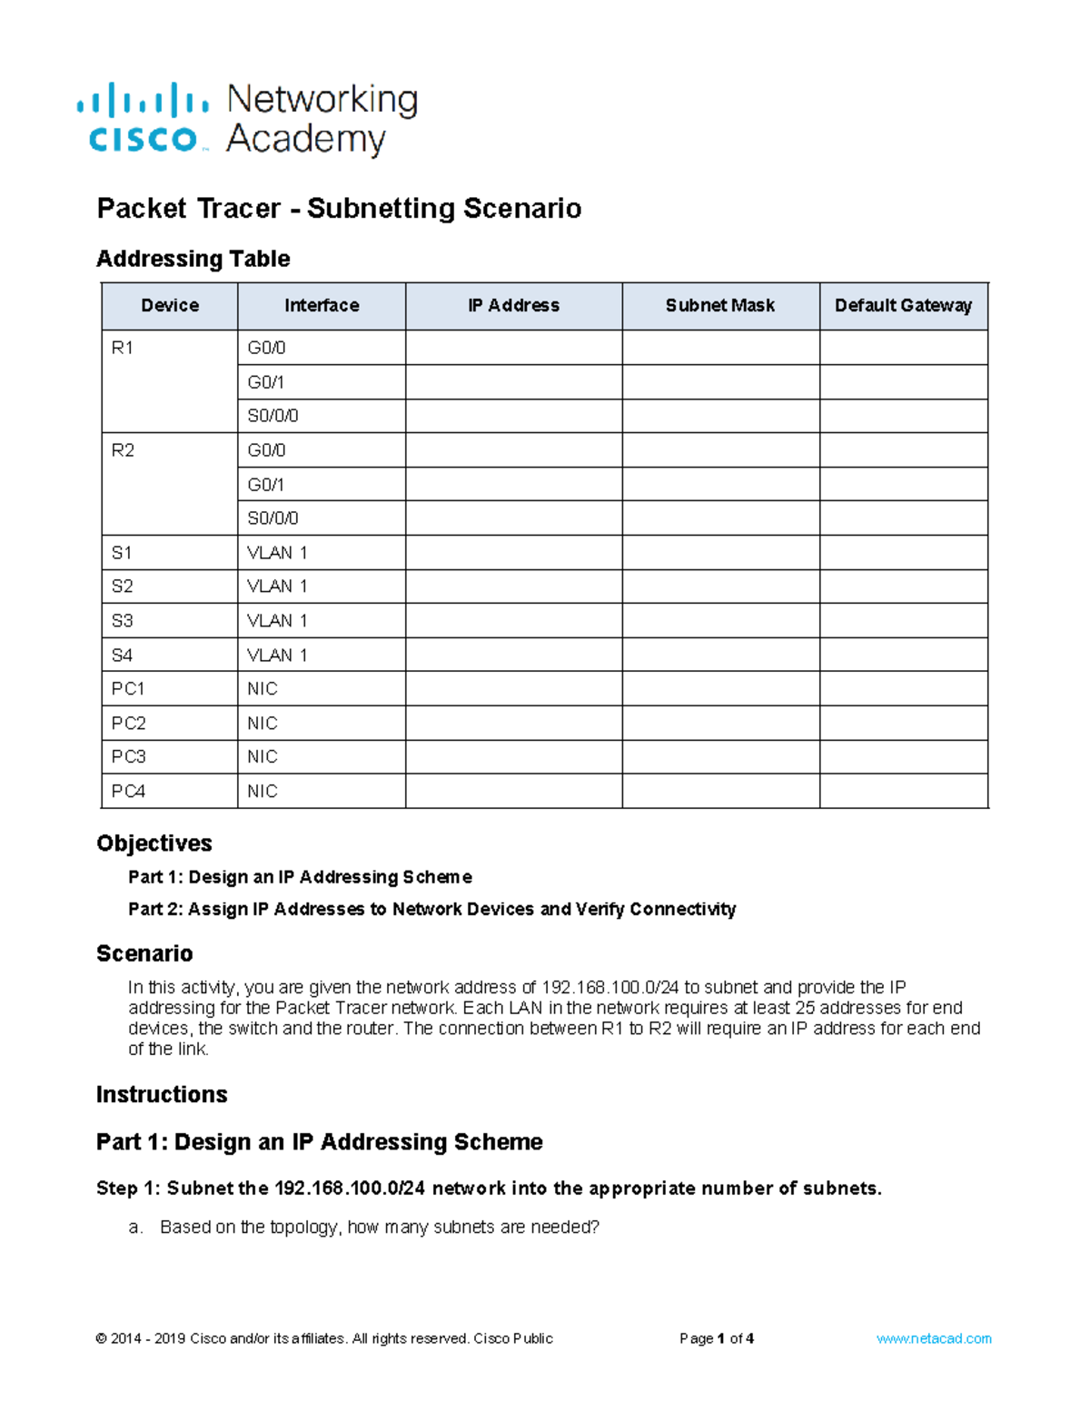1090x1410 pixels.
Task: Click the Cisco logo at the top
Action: pyautogui.click(x=144, y=118)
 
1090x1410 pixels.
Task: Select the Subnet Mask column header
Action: pyautogui.click(x=719, y=306)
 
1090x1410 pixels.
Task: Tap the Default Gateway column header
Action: pyautogui.click(x=903, y=306)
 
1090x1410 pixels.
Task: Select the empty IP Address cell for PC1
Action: pyautogui.click(x=513, y=689)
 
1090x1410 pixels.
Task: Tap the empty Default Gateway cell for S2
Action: pyautogui.click(x=903, y=587)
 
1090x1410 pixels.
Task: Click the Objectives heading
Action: pyautogui.click(x=154, y=843)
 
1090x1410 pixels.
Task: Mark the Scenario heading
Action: pyautogui.click(x=144, y=953)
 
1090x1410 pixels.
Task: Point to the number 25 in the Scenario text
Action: pyautogui.click(x=805, y=1008)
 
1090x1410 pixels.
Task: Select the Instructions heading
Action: pyautogui.click(x=162, y=1095)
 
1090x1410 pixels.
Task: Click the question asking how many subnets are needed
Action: pyautogui.click(x=380, y=1228)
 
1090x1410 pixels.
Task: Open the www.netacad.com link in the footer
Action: pyautogui.click(x=934, y=1339)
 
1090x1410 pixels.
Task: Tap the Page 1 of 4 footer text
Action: pyautogui.click(x=717, y=1339)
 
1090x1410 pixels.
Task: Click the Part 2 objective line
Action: pyautogui.click(x=431, y=910)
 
